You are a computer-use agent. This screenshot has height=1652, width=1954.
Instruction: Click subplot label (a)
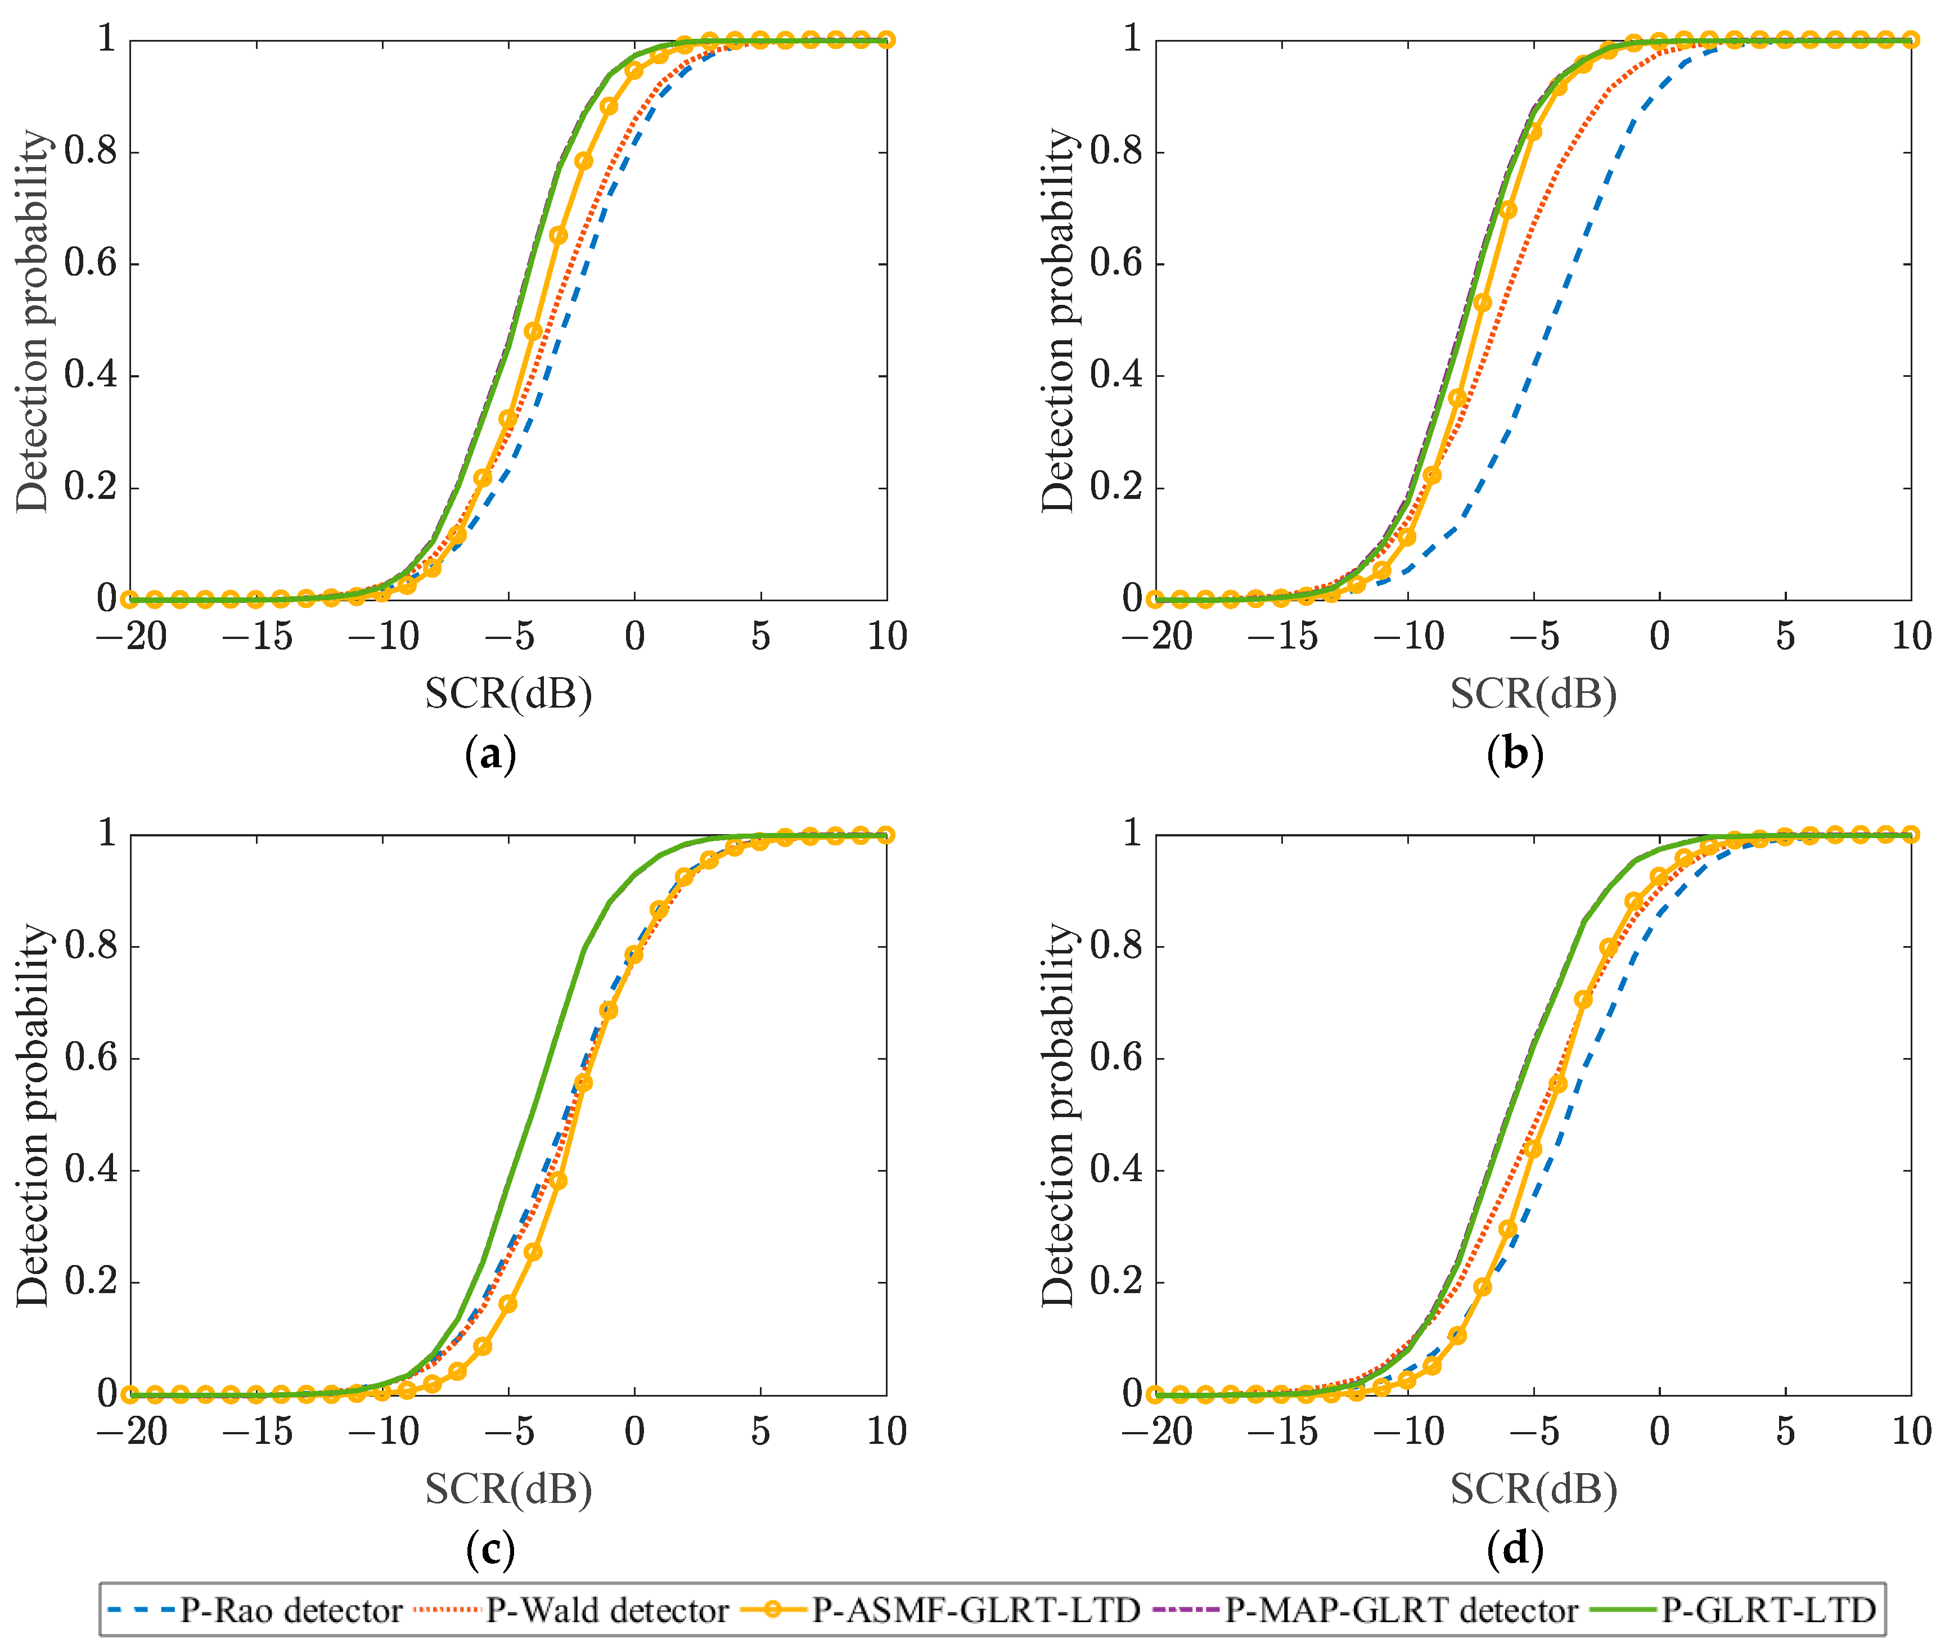490,755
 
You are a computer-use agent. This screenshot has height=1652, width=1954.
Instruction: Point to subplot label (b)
1515,755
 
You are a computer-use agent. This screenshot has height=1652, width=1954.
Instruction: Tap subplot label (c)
490,1550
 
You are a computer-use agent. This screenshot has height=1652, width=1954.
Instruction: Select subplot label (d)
1515,1550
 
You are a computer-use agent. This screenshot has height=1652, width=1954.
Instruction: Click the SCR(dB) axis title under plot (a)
508,694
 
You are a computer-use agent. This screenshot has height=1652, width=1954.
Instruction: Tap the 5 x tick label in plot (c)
760,1432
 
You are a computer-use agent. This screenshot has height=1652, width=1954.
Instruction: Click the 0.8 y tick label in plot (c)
91,946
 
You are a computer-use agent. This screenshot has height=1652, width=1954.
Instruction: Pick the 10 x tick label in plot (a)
886,637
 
